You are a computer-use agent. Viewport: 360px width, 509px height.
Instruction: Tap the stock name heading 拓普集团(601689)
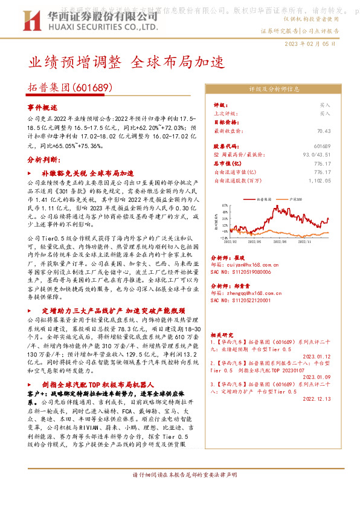pos(71,88)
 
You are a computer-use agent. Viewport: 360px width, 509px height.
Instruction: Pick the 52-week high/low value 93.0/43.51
pos(318,155)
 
